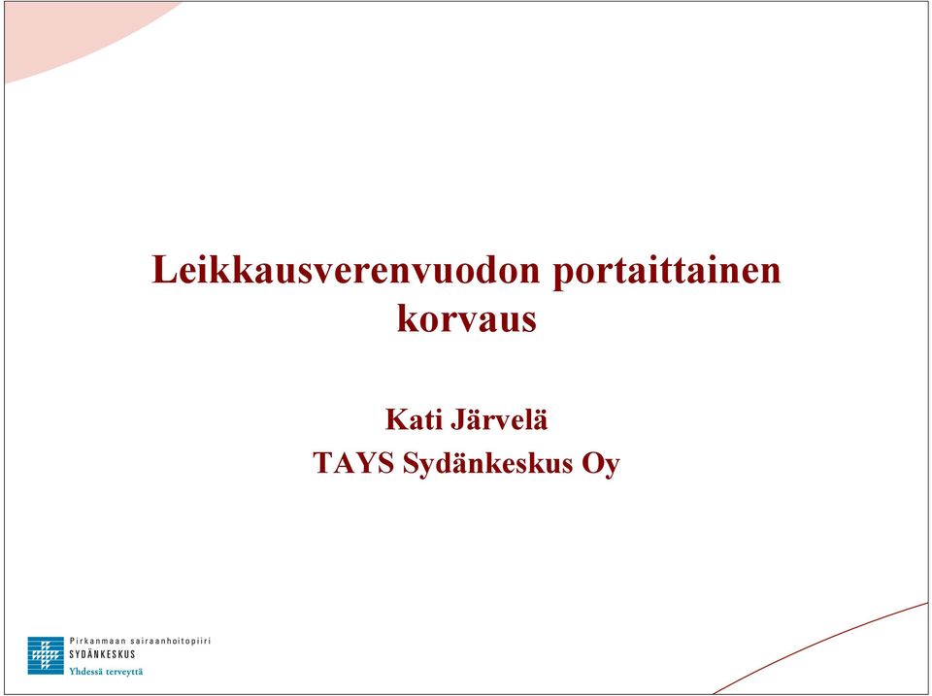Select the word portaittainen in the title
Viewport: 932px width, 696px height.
pyautogui.click(x=667, y=273)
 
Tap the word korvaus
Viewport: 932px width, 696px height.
pyautogui.click(x=467, y=318)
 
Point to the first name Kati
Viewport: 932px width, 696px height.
pyautogui.click(x=414, y=419)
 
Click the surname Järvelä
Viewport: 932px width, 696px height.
pyautogui.click(x=499, y=419)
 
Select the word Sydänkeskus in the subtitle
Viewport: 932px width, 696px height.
pyautogui.click(x=488, y=464)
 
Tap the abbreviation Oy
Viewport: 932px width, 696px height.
pyautogui.click(x=601, y=465)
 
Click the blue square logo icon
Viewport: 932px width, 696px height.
pyautogui.click(x=46, y=655)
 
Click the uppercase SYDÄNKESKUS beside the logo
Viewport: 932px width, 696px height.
pyautogui.click(x=102, y=654)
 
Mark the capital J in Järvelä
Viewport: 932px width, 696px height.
pyautogui.click(x=459, y=419)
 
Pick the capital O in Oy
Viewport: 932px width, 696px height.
pyautogui.click(x=592, y=464)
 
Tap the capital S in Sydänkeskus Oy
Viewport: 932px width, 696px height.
pyautogui.click(x=411, y=464)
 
